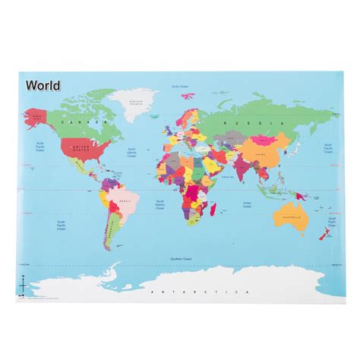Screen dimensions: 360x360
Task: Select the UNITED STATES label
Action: coord(78,149)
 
